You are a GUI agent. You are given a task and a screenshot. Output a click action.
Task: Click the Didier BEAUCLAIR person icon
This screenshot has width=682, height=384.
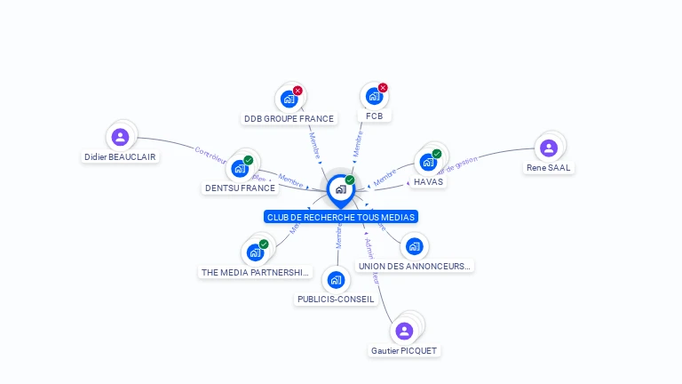[120, 137]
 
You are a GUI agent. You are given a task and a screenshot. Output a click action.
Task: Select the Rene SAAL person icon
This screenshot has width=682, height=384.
[548, 148]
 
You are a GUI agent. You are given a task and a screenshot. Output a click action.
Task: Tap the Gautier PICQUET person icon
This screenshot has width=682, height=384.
[404, 331]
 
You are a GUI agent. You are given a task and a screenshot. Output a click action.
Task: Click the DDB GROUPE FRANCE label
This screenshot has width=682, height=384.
[289, 118]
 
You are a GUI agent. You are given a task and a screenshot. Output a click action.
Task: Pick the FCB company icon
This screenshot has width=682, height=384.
[374, 97]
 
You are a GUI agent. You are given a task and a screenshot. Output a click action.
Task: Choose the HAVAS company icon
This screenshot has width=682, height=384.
[428, 162]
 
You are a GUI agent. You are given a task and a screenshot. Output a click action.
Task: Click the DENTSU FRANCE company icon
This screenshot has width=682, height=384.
[240, 168]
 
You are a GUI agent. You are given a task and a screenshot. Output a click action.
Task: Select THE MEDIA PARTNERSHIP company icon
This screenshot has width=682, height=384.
[255, 252]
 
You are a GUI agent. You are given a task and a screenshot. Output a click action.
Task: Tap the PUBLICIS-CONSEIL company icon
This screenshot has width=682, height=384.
[336, 280]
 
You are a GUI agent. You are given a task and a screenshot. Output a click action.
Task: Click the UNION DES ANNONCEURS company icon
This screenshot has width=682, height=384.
[414, 246]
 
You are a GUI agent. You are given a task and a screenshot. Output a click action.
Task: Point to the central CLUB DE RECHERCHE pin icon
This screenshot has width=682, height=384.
[340, 189]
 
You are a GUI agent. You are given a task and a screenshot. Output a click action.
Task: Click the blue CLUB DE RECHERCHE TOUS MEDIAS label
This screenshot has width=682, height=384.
[340, 217]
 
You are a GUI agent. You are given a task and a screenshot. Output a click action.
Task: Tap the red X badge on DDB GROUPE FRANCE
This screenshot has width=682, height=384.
[297, 91]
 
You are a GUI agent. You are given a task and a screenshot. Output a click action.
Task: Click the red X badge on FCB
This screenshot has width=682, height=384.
[383, 88]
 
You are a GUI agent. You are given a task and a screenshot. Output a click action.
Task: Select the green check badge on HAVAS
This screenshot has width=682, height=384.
[437, 154]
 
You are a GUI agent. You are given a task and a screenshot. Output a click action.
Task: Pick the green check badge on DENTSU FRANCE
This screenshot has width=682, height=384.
[249, 160]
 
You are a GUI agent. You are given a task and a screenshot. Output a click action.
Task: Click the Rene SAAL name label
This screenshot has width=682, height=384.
[549, 167]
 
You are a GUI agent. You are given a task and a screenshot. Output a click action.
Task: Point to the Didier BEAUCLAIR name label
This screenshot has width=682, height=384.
[120, 156]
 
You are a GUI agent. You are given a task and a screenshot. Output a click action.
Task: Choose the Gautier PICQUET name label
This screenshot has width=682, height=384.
[405, 350]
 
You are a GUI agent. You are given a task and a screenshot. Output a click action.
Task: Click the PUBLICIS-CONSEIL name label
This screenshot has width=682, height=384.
[336, 300]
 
